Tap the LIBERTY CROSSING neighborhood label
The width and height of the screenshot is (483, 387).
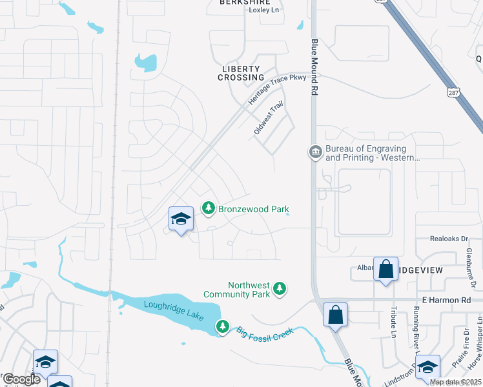(241, 73)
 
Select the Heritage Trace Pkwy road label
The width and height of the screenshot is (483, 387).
(278, 88)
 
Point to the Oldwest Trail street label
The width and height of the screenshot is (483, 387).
(269, 117)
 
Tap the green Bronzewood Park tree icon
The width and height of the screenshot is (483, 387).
(208, 208)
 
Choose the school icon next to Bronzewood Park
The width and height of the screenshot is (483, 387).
(181, 219)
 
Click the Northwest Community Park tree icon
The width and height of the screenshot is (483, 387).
(280, 288)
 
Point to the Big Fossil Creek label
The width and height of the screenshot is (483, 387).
(265, 332)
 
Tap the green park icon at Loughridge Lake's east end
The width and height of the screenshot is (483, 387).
(223, 327)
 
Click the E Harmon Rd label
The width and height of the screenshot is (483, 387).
(447, 301)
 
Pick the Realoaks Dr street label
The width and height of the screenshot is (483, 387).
(449, 239)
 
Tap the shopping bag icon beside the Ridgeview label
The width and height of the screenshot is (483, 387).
(385, 270)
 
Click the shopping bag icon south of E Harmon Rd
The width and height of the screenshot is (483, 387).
(335, 315)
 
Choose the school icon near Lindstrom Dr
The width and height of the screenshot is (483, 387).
(427, 367)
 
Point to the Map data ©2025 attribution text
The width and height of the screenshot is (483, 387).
(455, 382)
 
